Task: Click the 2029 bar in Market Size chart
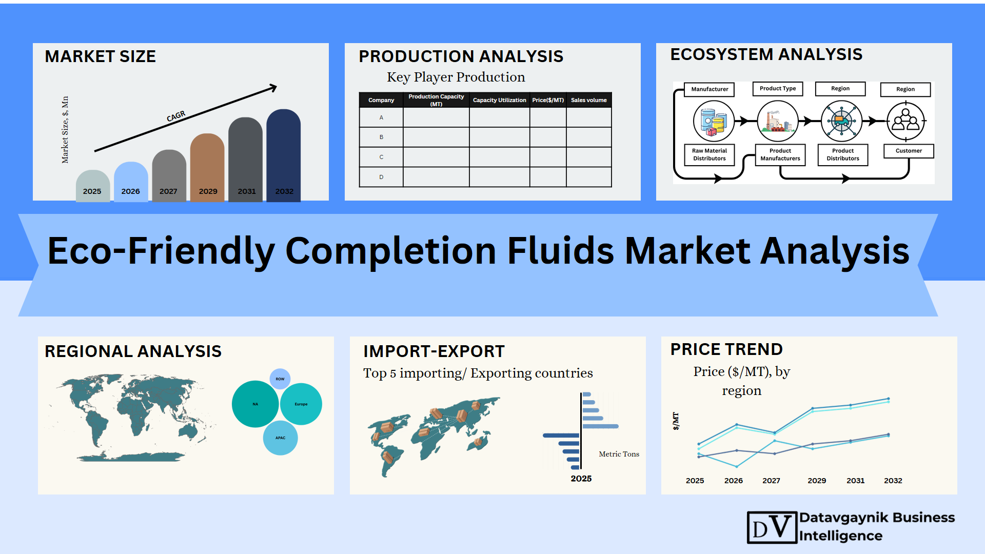[207, 167]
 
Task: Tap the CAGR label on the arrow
[176, 116]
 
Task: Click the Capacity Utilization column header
[499, 100]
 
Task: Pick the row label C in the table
[381, 157]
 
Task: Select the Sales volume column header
[589, 100]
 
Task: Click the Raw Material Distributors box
[710, 154]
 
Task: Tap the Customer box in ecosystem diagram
[909, 151]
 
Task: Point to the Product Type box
[778, 89]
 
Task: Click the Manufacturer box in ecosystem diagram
[710, 89]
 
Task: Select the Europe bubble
[301, 404]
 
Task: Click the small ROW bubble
[280, 379]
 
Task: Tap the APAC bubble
[280, 438]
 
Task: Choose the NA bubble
[255, 404]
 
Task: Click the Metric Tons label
[619, 454]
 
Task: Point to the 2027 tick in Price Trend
[771, 481]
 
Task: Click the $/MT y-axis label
[676, 421]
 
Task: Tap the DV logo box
[772, 527]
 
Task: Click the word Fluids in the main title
[560, 251]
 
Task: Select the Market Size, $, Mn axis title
[65, 130]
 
